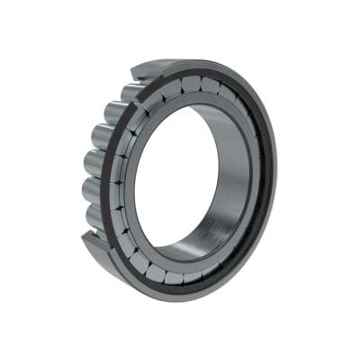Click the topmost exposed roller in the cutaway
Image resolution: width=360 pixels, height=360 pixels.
(129, 90)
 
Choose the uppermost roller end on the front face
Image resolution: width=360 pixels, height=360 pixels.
(191, 84)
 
